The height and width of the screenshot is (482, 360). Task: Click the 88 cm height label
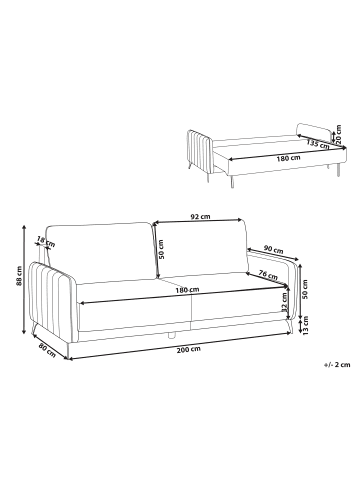click(x=19, y=276)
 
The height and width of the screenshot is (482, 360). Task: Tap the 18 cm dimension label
click(x=46, y=241)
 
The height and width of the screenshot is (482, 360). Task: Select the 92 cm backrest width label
click(x=200, y=216)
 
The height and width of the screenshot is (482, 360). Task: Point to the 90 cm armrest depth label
click(x=273, y=249)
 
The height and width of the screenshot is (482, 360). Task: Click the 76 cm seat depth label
click(x=268, y=274)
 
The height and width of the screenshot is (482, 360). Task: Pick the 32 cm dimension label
click(x=284, y=302)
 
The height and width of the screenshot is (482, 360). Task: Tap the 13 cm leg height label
click(x=306, y=325)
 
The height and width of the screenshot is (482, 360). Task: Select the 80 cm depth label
click(x=47, y=350)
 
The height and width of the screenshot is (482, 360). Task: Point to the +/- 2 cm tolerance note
click(x=337, y=365)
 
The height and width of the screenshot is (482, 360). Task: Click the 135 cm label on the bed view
click(x=318, y=144)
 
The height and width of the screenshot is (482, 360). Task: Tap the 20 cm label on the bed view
click(x=339, y=134)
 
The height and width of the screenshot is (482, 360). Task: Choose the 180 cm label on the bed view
click(x=288, y=157)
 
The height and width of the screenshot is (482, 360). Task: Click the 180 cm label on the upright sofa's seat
click(x=187, y=290)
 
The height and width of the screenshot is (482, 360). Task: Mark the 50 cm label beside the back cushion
click(x=161, y=250)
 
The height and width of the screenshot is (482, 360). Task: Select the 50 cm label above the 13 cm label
click(x=305, y=289)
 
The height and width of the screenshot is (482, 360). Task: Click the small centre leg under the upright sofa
click(x=172, y=335)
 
